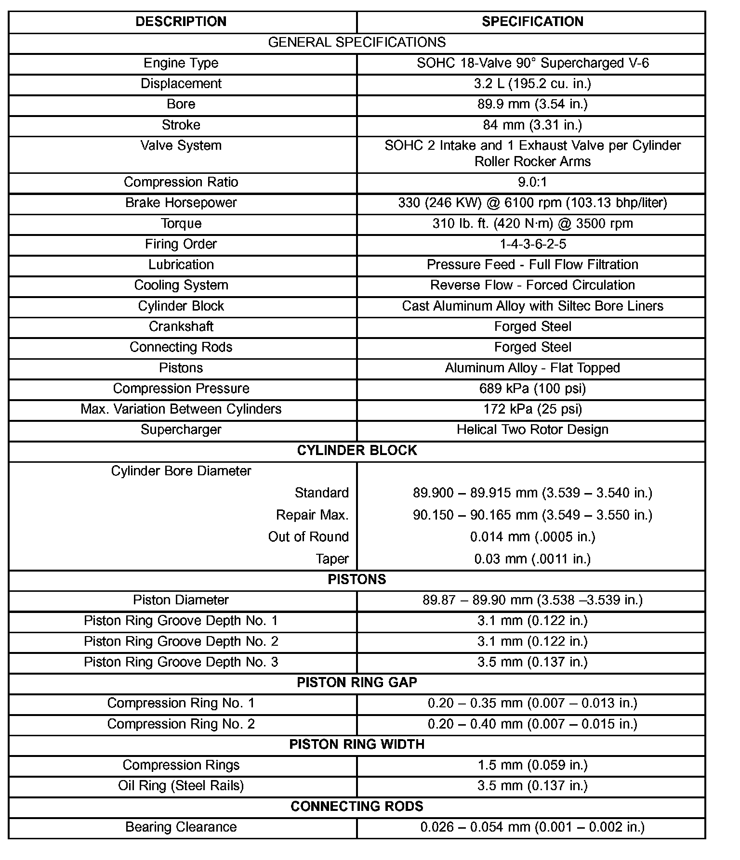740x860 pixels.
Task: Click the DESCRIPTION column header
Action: (181, 22)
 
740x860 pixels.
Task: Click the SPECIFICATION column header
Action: (532, 22)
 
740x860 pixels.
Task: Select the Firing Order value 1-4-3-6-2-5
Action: (532, 244)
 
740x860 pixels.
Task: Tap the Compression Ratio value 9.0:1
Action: (532, 182)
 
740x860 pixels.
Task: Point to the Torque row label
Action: (181, 223)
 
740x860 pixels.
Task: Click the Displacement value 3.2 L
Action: (532, 84)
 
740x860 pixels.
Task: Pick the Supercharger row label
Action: (181, 430)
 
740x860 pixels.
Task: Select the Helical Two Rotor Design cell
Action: (532, 430)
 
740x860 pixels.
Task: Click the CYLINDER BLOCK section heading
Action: (357, 450)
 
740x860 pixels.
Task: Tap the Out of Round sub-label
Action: (308, 537)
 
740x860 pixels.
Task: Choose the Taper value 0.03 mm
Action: (532, 559)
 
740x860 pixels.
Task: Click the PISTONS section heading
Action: (357, 579)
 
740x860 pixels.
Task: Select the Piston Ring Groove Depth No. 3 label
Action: (181, 662)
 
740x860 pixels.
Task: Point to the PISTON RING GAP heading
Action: (357, 683)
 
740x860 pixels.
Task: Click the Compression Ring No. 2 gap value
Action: (532, 724)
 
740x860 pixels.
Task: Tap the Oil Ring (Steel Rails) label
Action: (181, 786)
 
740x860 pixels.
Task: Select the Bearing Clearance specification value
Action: (532, 827)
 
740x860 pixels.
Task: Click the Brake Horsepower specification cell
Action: (532, 203)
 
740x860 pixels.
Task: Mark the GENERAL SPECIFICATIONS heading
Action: (357, 42)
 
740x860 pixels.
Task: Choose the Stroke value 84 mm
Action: (532, 125)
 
